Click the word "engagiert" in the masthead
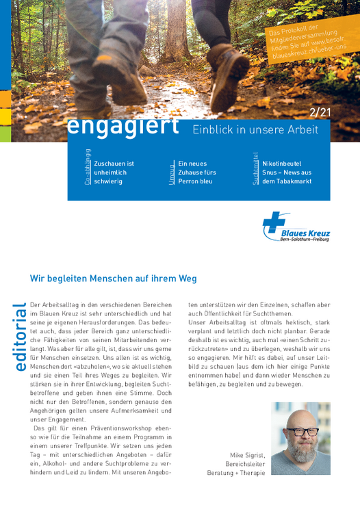click(x=124, y=127)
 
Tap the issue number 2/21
click(x=320, y=112)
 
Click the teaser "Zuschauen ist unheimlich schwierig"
click(x=114, y=172)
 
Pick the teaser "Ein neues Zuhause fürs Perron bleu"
click(x=196, y=172)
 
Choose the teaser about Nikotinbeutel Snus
click(x=286, y=172)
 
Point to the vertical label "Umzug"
click(x=171, y=174)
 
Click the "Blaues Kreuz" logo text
click(x=305, y=233)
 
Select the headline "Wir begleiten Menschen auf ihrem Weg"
click(x=114, y=279)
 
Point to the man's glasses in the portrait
click(x=302, y=432)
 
